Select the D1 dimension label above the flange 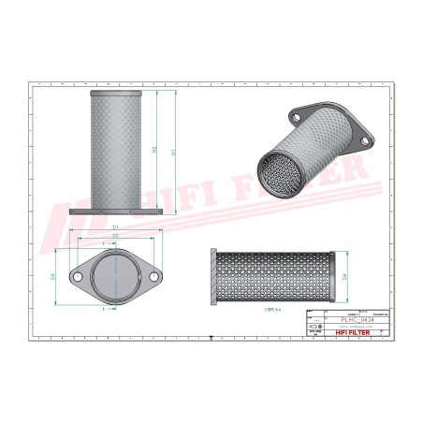[x=115, y=227]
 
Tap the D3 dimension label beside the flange [x=52, y=276]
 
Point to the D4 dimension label [x=345, y=277]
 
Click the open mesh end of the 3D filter [x=280, y=172]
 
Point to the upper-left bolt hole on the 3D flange [x=296, y=118]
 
